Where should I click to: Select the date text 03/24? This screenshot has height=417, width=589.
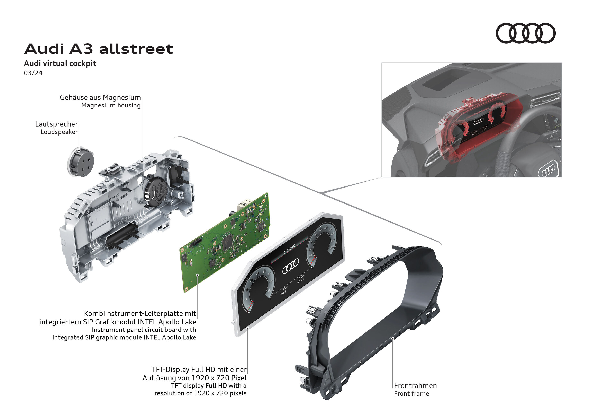pos(33,73)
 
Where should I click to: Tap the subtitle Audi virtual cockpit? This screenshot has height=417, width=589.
pos(60,63)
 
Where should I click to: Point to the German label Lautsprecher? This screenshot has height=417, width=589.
pos(56,124)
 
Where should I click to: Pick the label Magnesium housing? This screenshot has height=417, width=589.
pos(111,105)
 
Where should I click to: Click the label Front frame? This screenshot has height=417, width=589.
pos(411,393)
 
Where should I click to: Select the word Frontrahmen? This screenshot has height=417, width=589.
pos(415,385)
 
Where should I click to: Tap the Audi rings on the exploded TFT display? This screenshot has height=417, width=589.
pos(291,266)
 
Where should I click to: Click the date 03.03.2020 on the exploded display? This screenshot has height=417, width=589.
pos(289,249)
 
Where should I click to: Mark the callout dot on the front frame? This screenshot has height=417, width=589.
pos(392,338)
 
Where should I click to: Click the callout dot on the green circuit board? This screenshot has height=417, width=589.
pos(197,275)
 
